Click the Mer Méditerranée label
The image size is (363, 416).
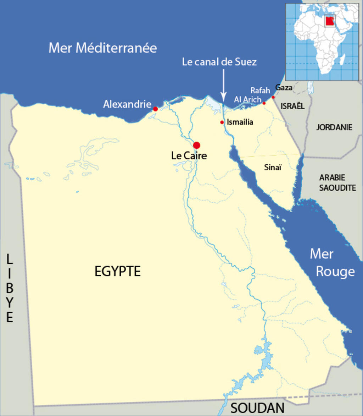click(x=102, y=48)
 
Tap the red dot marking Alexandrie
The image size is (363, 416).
click(x=155, y=109)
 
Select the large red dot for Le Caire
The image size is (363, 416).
click(x=197, y=145)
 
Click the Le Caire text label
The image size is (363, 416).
click(x=189, y=156)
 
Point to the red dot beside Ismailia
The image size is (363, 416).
click(x=222, y=122)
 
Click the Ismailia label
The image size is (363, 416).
click(x=240, y=122)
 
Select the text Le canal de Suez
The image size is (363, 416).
click(x=219, y=62)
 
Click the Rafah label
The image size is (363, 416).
click(x=260, y=91)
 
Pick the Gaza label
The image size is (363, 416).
click(x=284, y=88)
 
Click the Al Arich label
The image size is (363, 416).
click(x=247, y=100)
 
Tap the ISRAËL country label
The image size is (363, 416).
click(x=292, y=106)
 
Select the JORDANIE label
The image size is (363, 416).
click(x=334, y=127)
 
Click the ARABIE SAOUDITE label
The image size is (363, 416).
click(x=337, y=183)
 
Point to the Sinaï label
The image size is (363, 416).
click(x=273, y=168)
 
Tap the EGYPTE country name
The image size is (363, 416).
click(x=117, y=271)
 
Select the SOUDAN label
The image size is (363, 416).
click(x=257, y=408)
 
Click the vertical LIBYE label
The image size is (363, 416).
click(x=10, y=288)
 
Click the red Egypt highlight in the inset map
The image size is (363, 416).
click(x=329, y=22)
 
